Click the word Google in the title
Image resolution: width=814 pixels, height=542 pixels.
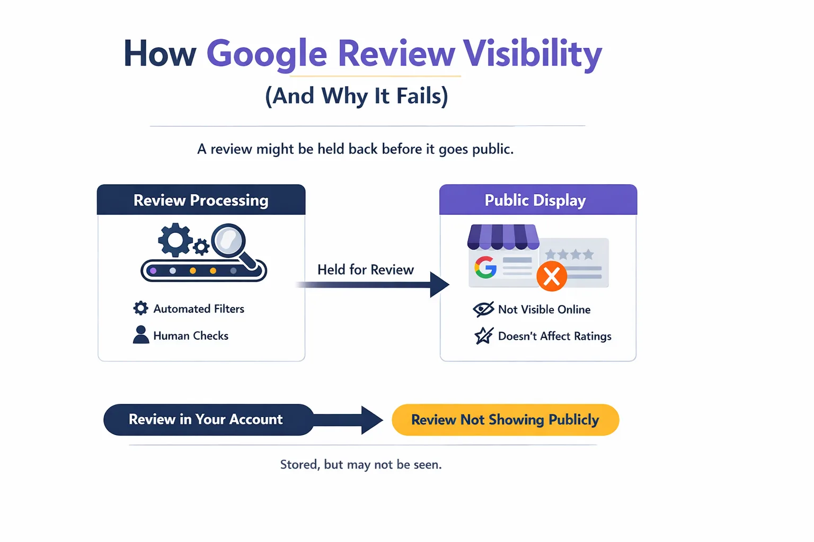click(267, 54)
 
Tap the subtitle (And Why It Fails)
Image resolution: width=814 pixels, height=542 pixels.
click(357, 96)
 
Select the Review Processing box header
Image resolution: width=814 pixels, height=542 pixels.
click(201, 200)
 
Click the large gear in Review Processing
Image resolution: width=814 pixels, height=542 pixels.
click(175, 240)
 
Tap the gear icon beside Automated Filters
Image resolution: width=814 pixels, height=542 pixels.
click(140, 309)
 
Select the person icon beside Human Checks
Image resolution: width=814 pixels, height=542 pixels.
click(141, 335)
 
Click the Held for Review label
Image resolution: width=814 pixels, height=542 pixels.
click(365, 270)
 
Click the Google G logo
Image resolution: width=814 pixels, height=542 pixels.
click(485, 267)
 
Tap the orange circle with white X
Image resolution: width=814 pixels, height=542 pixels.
click(552, 276)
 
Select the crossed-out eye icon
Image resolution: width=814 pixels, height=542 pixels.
click(483, 309)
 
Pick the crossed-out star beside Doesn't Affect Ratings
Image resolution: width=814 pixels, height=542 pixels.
click(483, 336)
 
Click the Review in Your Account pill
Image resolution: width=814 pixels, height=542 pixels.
click(206, 420)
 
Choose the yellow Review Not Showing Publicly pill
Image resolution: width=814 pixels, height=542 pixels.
click(505, 420)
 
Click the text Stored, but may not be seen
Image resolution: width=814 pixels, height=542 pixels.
click(360, 465)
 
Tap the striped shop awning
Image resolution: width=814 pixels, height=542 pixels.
click(503, 237)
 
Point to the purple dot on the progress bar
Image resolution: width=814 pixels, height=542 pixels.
click(153, 271)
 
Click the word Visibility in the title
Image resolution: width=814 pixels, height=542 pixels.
click(532, 54)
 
